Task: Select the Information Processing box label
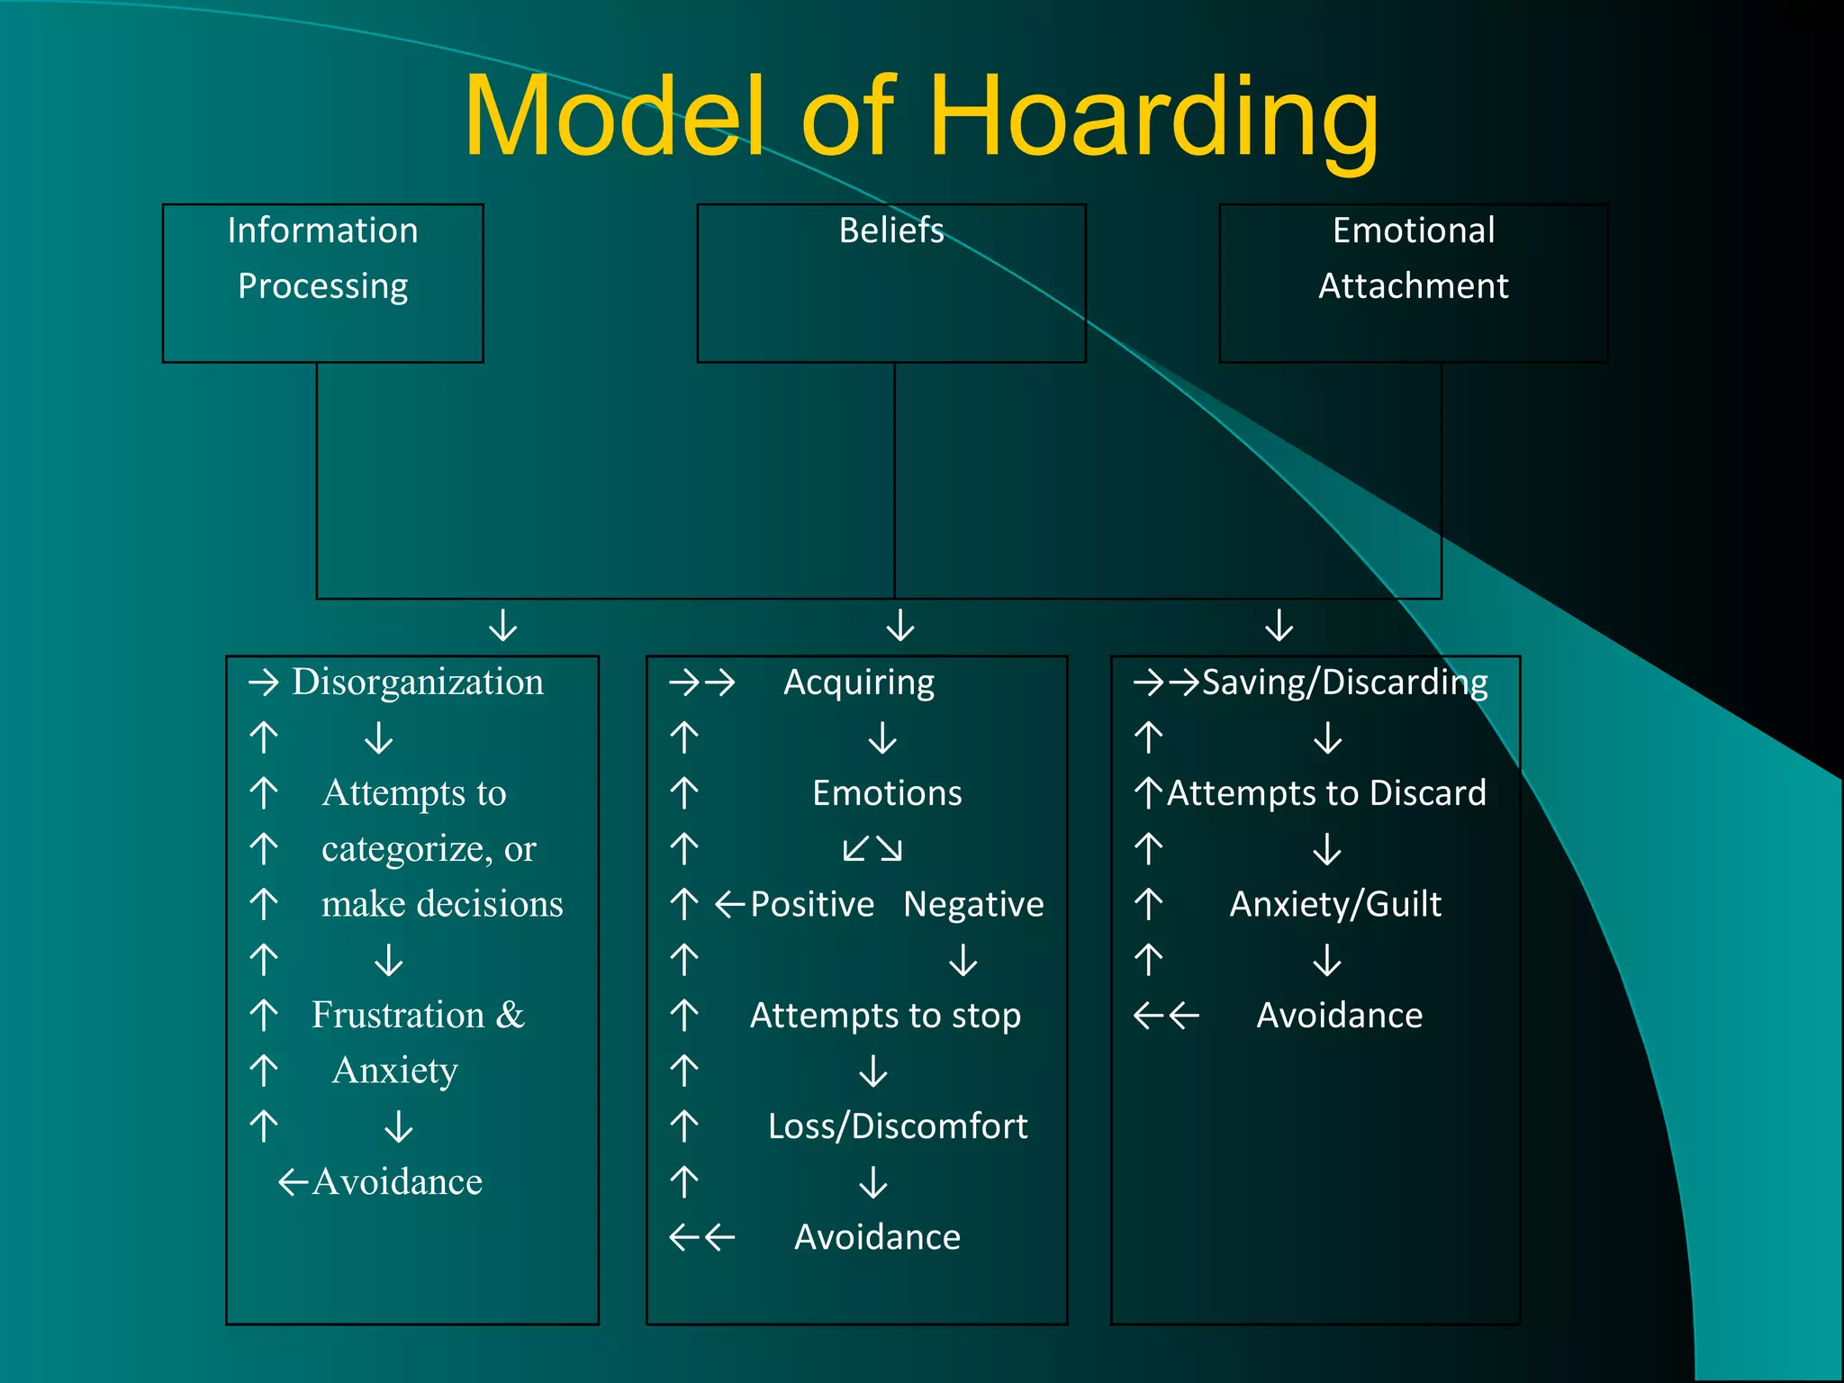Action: click(322, 258)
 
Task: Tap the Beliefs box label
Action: click(891, 230)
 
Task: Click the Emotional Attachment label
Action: click(1413, 258)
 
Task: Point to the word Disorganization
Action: click(418, 682)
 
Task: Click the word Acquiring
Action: click(859, 682)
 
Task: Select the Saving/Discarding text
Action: click(1344, 682)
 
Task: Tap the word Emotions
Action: click(887, 793)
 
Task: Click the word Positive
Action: click(812, 904)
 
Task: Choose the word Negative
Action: click(973, 904)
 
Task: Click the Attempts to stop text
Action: click(885, 1016)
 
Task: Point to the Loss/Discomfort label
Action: click(898, 1126)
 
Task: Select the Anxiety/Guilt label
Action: click(1335, 904)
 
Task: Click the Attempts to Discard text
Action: click(1326, 793)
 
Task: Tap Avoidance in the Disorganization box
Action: click(397, 1182)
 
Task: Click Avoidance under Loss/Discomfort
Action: click(877, 1237)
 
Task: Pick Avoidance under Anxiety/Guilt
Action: click(1339, 1016)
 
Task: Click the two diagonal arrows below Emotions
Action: click(872, 849)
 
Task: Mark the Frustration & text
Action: click(418, 1016)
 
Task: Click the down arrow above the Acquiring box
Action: click(900, 625)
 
